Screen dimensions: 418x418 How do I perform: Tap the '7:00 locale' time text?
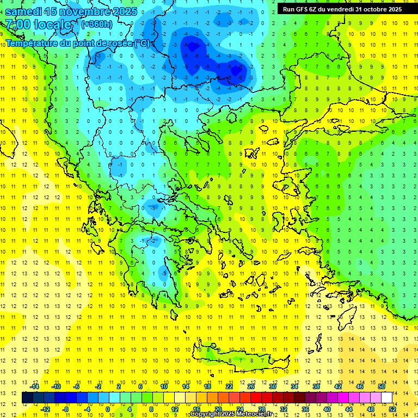tap(38, 24)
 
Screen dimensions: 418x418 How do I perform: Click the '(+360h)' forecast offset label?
tap(97, 24)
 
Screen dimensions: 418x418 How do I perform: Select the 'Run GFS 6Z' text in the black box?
tap(302, 9)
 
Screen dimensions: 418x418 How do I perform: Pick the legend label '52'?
tap(392, 409)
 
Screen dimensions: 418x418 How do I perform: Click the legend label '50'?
tap(382, 386)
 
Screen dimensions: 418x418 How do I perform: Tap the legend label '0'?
tap(108, 409)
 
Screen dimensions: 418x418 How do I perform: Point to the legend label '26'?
tap(251, 386)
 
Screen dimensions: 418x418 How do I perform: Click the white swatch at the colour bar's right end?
tap(386, 398)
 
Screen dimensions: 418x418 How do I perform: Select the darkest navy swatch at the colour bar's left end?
tap(27, 398)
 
